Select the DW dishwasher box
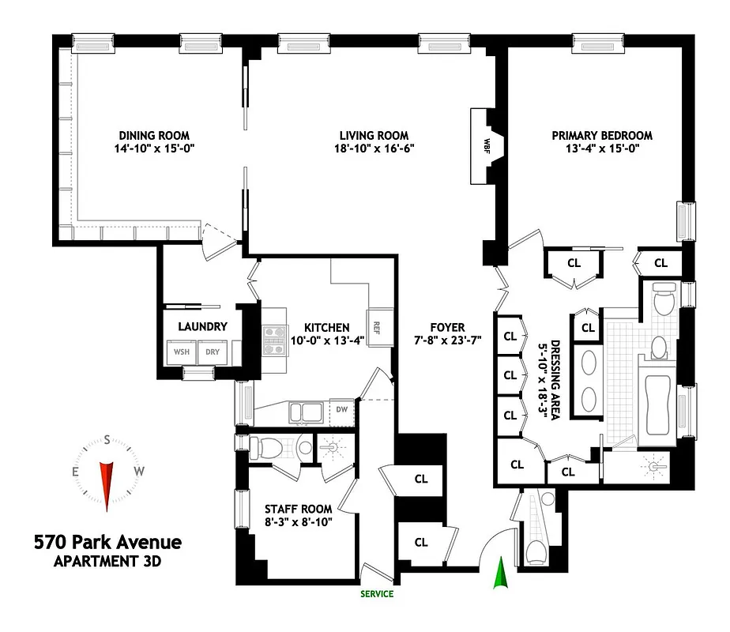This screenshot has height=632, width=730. (x=342, y=410)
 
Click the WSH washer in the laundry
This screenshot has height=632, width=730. (x=181, y=352)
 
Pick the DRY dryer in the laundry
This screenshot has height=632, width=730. (x=213, y=352)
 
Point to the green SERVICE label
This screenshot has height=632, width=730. (x=377, y=594)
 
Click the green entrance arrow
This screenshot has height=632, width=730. (x=499, y=574)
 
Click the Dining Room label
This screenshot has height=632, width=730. (x=154, y=135)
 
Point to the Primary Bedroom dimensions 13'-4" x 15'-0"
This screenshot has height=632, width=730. (x=602, y=149)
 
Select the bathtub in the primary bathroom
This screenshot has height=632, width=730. (x=658, y=403)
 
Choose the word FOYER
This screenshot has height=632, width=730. (x=448, y=327)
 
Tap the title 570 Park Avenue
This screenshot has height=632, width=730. (x=107, y=543)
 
